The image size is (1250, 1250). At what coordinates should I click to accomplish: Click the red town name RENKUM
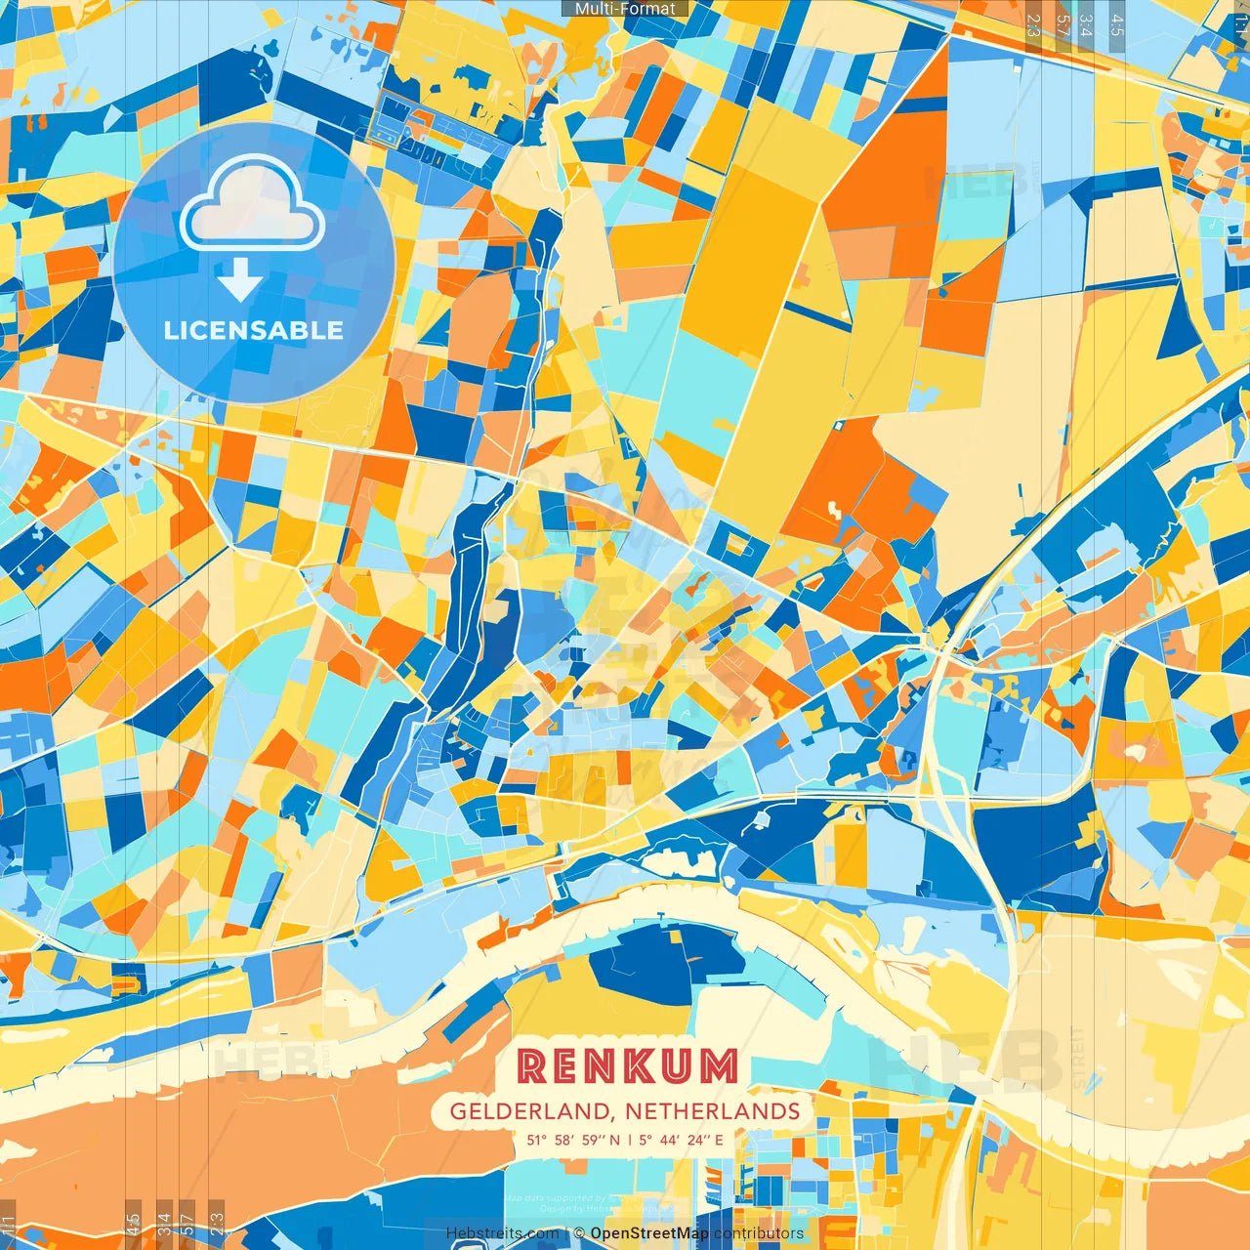click(627, 1065)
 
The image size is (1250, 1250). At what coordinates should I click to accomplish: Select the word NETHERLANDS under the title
click(713, 1111)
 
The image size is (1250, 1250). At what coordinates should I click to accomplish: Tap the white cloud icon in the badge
click(253, 206)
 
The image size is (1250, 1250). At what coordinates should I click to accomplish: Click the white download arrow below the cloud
click(240, 279)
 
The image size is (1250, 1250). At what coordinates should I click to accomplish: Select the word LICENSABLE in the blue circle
click(254, 330)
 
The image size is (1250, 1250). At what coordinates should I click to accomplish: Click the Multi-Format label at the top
click(625, 9)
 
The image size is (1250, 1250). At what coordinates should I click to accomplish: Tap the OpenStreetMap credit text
click(648, 1233)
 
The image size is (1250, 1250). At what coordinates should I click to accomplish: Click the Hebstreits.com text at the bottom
click(503, 1233)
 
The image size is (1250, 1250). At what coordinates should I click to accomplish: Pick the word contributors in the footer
click(759, 1233)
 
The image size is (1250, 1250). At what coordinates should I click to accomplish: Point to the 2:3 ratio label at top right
click(1033, 25)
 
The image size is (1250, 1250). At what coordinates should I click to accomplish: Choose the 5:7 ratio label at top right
click(1062, 25)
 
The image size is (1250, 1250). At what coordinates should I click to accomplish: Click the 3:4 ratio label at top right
click(1087, 25)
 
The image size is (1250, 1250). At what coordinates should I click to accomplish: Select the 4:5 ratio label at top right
click(1117, 25)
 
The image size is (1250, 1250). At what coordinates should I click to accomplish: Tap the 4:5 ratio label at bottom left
click(134, 1225)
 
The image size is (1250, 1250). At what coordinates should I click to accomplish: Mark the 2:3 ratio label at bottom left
click(217, 1225)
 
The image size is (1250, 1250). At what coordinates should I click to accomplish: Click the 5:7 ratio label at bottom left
click(188, 1225)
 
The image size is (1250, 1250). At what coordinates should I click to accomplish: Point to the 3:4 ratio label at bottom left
click(164, 1225)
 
